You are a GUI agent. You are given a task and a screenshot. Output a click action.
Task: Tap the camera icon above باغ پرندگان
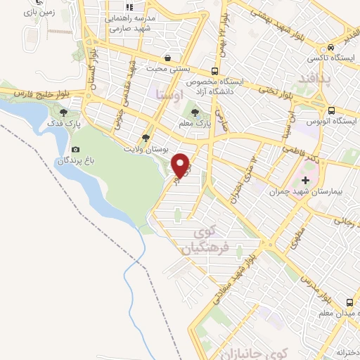click(75, 149)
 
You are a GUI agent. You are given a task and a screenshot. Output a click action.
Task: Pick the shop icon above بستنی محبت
click(167, 58)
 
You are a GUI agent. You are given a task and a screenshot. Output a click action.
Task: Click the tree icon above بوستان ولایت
click(146, 138)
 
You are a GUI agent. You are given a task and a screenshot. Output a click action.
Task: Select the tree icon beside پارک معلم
click(195, 111)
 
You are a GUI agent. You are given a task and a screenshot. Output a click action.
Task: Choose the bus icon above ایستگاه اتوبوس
click(330, 110)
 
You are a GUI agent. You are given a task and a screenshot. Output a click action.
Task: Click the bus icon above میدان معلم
click(349, 303)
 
